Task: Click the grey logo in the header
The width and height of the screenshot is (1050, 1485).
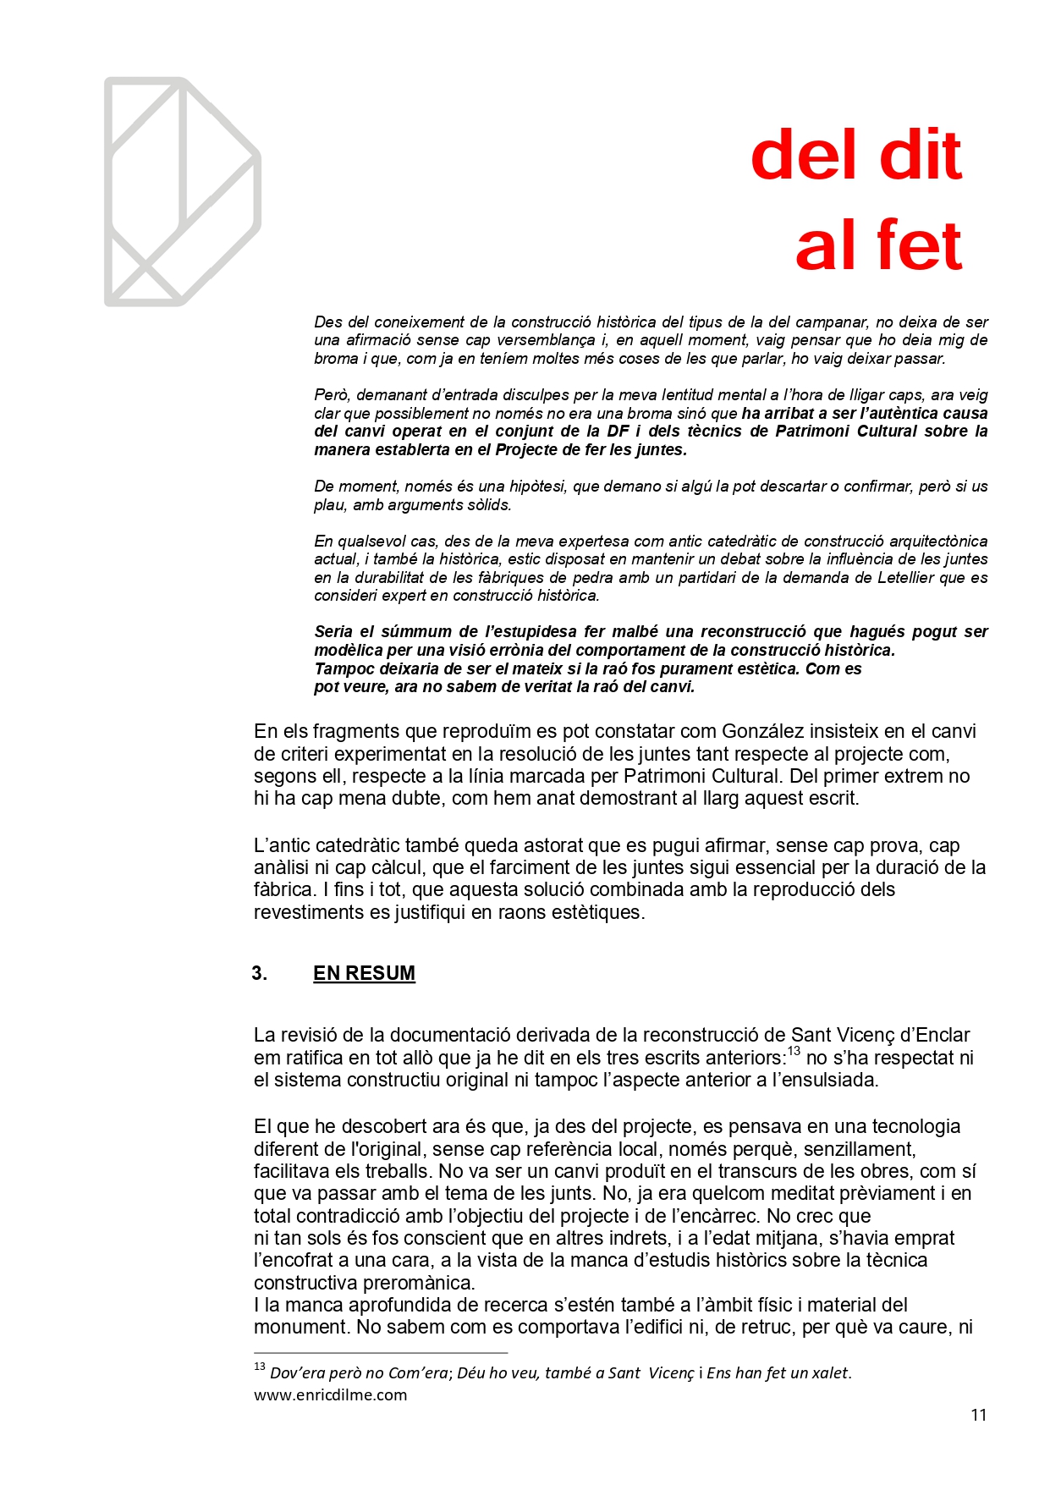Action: (182, 191)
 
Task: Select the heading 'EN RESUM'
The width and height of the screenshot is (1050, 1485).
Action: (364, 973)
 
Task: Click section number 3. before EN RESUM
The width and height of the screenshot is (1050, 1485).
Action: (259, 973)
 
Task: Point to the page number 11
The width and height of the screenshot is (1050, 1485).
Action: (978, 1415)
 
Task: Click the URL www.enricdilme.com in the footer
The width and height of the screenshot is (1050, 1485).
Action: (330, 1394)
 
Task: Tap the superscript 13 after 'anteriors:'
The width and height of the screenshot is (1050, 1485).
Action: (794, 1052)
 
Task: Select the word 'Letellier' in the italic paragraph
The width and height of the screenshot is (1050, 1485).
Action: (888, 577)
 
